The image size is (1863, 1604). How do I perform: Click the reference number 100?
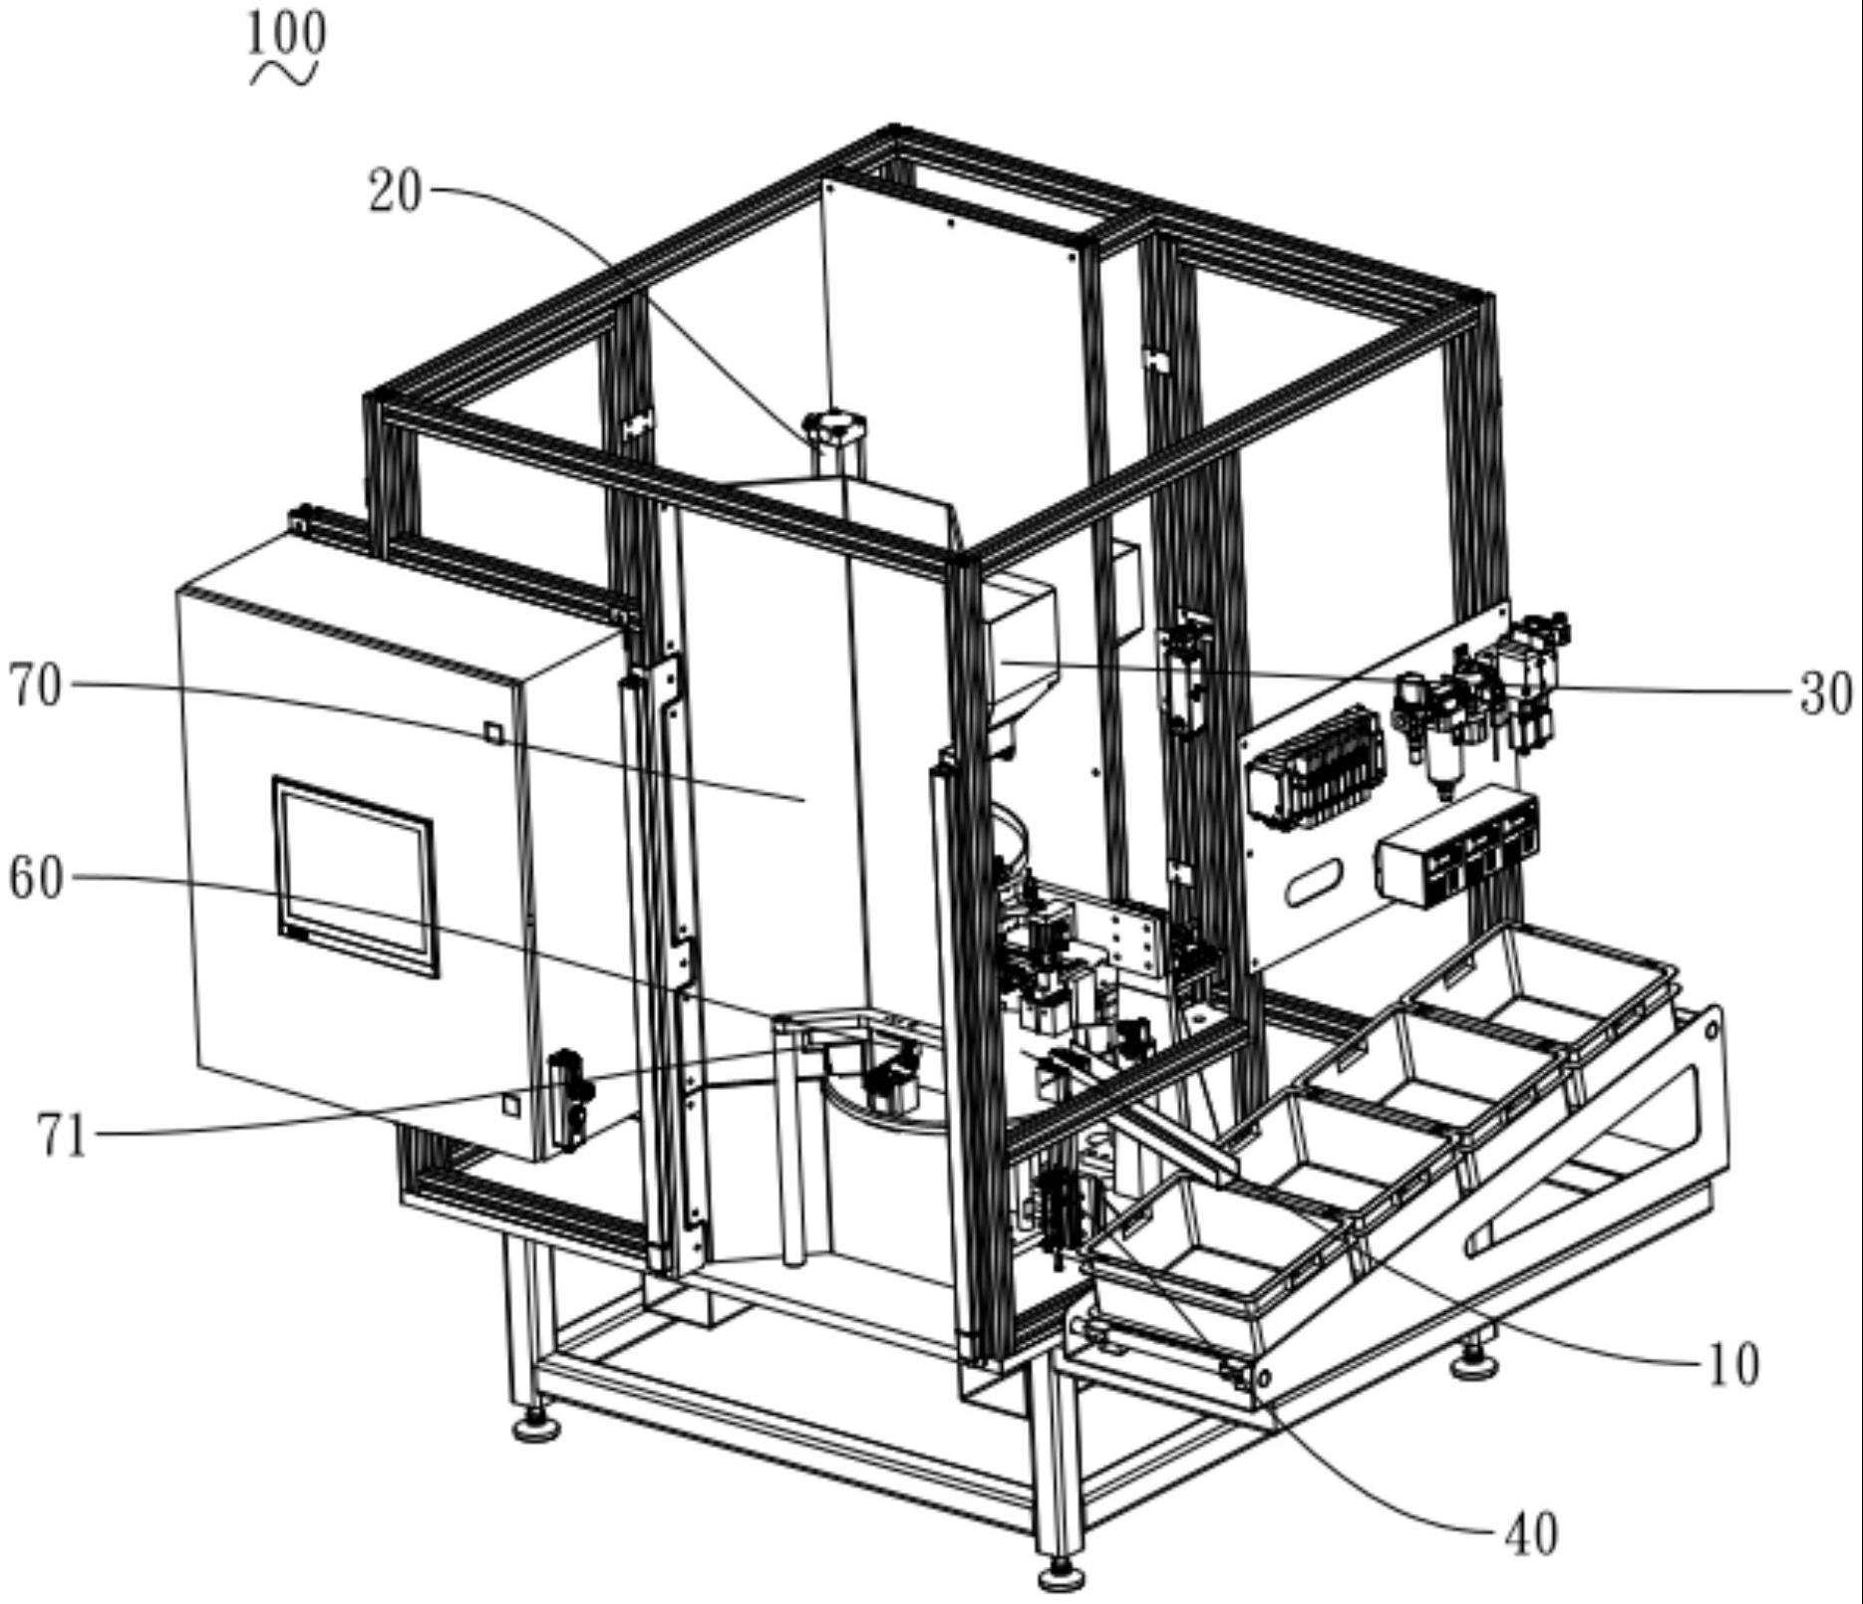[286, 33]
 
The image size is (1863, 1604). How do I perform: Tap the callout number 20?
[395, 190]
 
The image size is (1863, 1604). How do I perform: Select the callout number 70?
[36, 686]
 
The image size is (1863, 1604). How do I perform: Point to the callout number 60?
[36, 879]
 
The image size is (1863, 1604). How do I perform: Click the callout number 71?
[62, 1135]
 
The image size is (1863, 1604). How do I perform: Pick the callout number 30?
[1826, 693]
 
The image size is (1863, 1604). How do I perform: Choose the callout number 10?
[1733, 1365]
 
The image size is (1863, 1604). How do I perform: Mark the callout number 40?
[1530, 1534]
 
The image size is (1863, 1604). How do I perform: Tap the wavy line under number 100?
[284, 75]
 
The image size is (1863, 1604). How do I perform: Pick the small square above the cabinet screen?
[493, 732]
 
